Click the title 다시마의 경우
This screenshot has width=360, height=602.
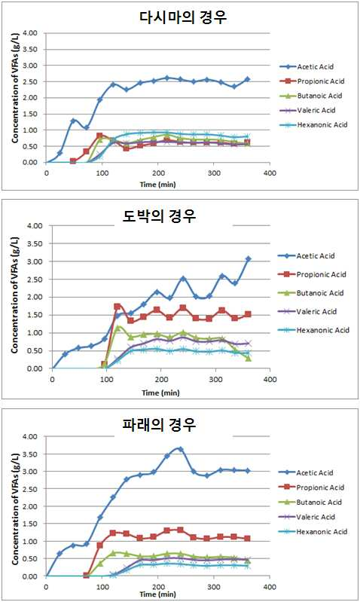coord(182,17)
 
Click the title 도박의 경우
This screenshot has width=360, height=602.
coord(159,215)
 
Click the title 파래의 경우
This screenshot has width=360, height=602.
coord(159,425)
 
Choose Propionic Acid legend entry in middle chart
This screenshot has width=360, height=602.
coord(312,274)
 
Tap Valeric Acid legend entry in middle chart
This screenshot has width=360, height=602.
coord(307,311)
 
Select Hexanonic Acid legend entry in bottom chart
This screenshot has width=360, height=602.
coord(313,532)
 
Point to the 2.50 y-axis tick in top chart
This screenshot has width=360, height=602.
coord(30,82)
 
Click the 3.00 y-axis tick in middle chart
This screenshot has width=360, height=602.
coord(35,261)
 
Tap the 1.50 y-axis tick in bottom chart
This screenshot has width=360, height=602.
coord(30,524)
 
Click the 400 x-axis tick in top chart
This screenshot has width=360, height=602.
coord(270,173)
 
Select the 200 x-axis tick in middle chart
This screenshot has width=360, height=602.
coord(161,379)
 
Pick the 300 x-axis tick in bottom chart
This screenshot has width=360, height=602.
coord(214,587)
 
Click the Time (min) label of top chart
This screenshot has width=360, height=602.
coord(157,185)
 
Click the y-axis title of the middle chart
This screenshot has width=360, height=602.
coord(14,295)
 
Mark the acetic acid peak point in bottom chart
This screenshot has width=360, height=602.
coord(181,449)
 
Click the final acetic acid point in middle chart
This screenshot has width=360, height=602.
coord(249,259)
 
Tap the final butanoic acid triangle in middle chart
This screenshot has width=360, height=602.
coord(249,358)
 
